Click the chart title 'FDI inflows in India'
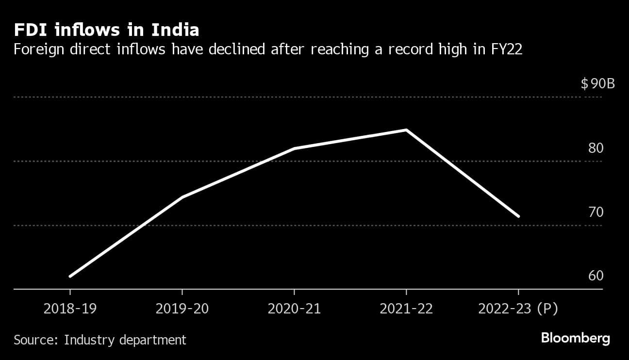point(106,30)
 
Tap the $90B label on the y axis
point(597,84)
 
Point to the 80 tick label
point(596,148)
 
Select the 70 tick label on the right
point(596,212)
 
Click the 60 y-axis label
point(596,276)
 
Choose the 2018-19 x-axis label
point(70,309)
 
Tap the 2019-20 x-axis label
point(182,309)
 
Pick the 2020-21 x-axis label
point(294,309)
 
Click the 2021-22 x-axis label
point(406,309)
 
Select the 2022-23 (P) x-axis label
point(518,309)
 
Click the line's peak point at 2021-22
point(406,130)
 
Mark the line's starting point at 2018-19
point(70,277)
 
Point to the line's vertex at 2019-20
point(182,197)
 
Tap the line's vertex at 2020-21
point(294,148)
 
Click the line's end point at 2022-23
point(518,216)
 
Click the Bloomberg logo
point(575,338)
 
